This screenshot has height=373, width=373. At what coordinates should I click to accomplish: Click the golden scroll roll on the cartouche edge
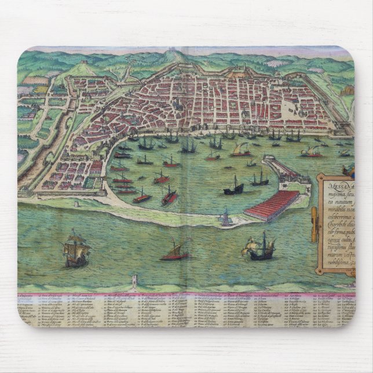(315, 225)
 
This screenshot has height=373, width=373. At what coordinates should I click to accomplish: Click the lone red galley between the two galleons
(176, 251)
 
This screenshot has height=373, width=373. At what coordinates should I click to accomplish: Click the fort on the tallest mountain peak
(171, 54)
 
